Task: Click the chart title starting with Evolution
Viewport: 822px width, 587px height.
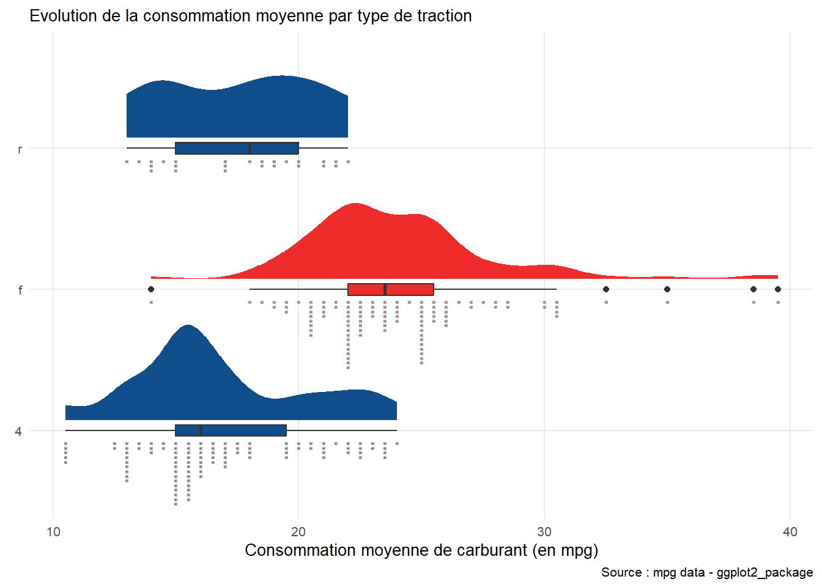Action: [251, 16]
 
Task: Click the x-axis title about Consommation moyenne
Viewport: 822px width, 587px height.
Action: [421, 550]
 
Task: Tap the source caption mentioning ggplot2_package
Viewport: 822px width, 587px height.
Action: [707, 572]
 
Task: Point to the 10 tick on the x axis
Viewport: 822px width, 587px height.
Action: [54, 531]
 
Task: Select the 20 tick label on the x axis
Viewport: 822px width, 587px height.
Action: [298, 531]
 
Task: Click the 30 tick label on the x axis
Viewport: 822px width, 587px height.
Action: [544, 531]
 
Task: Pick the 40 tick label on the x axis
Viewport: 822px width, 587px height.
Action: [790, 531]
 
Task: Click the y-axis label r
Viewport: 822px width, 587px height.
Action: [20, 149]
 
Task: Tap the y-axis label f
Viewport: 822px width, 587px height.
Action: [20, 290]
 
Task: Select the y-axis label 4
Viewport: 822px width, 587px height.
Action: [18, 431]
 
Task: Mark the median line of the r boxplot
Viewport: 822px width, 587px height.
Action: [250, 148]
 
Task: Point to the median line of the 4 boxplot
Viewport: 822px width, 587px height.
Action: [201, 430]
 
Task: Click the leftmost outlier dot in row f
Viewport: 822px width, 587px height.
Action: [151, 289]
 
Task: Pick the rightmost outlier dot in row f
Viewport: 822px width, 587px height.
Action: [778, 289]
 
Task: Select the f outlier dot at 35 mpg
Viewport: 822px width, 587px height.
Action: [667, 289]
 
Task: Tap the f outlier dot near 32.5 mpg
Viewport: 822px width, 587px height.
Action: [606, 289]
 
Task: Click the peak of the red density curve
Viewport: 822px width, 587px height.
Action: [355, 205]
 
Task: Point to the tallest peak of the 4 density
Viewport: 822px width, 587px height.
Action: [188, 327]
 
